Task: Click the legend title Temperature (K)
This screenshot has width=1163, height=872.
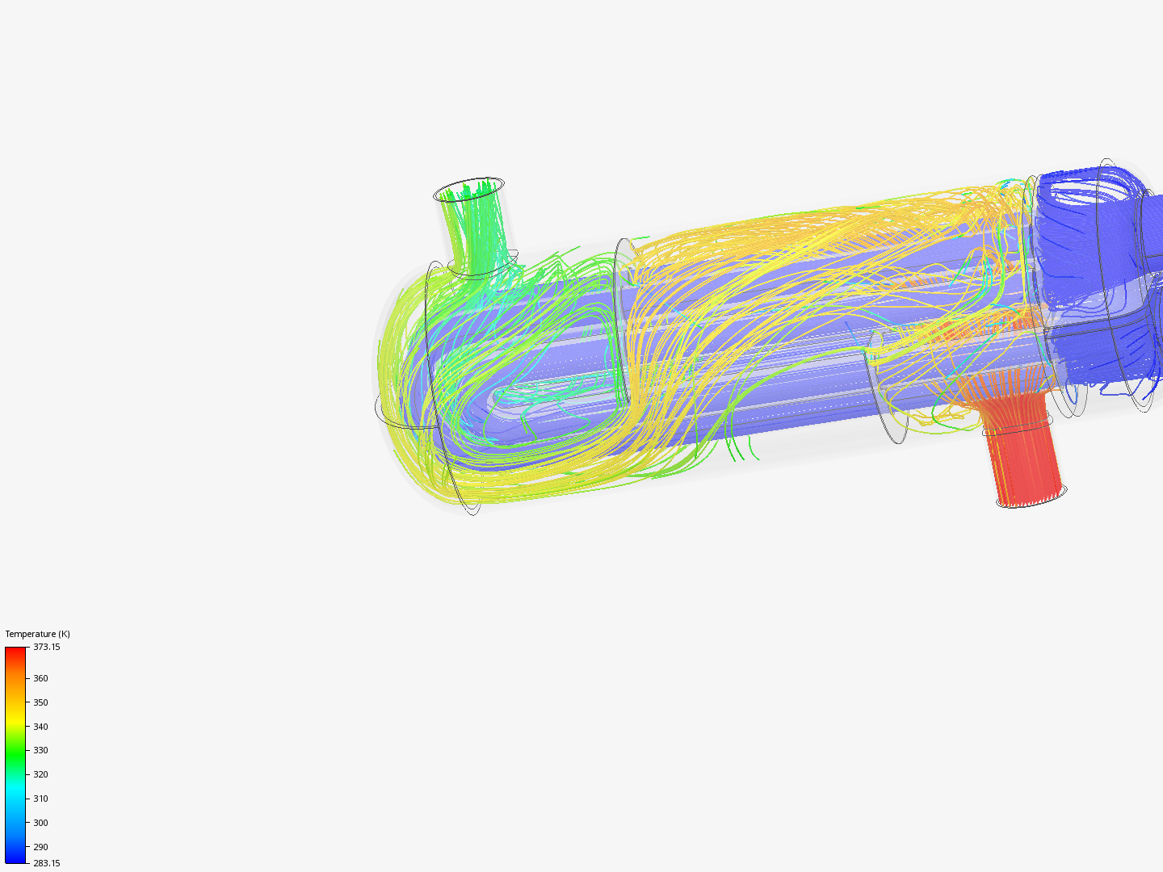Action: [x=37, y=634]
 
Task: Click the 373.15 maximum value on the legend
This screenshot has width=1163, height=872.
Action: [x=46, y=647]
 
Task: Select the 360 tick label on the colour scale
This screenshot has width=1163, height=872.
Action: [x=40, y=678]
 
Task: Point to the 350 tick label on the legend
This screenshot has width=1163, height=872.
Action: [x=40, y=702]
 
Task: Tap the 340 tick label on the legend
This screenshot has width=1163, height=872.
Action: [x=40, y=727]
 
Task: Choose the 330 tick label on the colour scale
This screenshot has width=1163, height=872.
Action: [x=40, y=750]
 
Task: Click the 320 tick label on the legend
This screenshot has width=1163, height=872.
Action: [x=40, y=774]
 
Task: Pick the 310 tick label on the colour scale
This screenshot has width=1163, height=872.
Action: [x=40, y=799]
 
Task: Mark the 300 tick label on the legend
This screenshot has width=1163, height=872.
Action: [x=40, y=823]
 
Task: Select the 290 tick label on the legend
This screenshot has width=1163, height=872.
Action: [x=40, y=847]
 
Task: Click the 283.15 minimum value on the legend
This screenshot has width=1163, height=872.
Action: [x=46, y=863]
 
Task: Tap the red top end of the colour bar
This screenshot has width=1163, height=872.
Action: [x=15, y=652]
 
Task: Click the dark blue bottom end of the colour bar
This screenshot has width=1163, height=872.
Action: [x=15, y=858]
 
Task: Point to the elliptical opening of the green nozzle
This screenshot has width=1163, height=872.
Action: [x=468, y=191]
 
